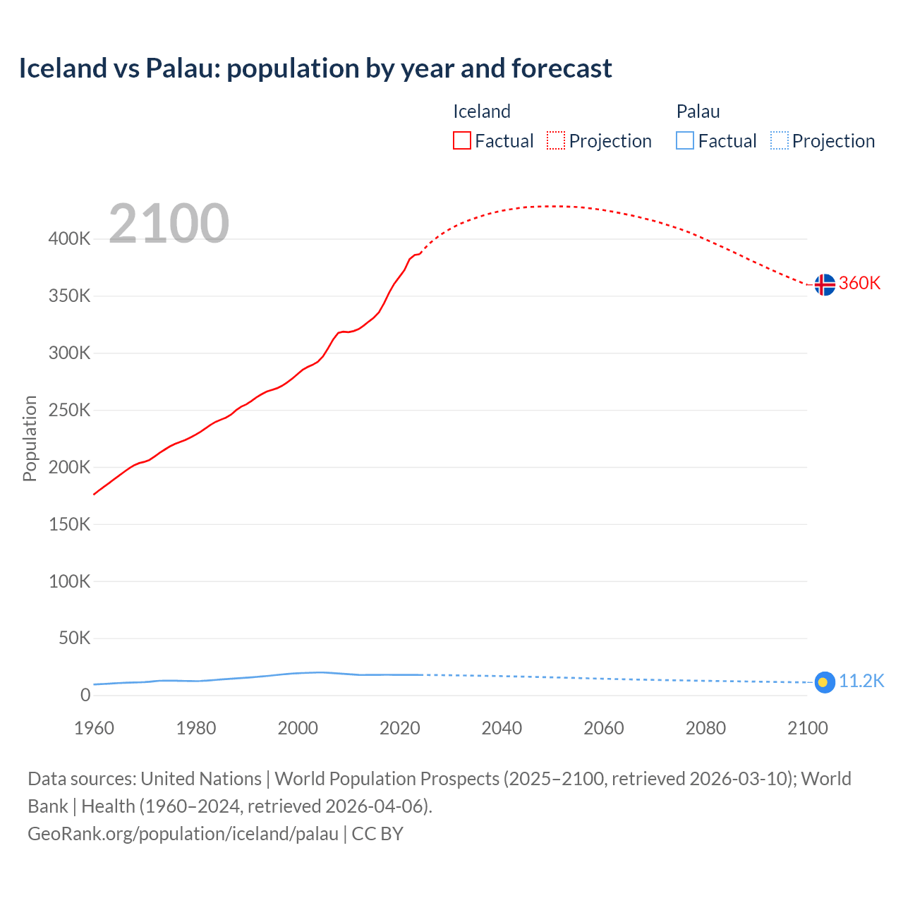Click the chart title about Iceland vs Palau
click(x=315, y=68)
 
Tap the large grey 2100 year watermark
click(x=169, y=224)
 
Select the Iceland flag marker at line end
click(x=824, y=284)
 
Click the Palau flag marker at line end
click(x=824, y=682)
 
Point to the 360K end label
click(x=859, y=283)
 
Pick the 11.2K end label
click(x=861, y=681)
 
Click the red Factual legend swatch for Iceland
click(x=461, y=141)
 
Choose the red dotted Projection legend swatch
click(x=556, y=141)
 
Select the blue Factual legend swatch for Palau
click(x=684, y=141)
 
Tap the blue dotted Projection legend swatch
click(x=779, y=141)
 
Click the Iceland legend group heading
click(x=481, y=111)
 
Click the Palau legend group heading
click(x=698, y=111)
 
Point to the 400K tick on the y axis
click(x=69, y=238)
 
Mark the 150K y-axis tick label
click(x=69, y=524)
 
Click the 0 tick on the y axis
click(x=85, y=695)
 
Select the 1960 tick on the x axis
click(x=94, y=728)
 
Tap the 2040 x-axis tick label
click(x=502, y=728)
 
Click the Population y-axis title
click(x=30, y=438)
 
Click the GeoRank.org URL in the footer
click(x=183, y=833)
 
